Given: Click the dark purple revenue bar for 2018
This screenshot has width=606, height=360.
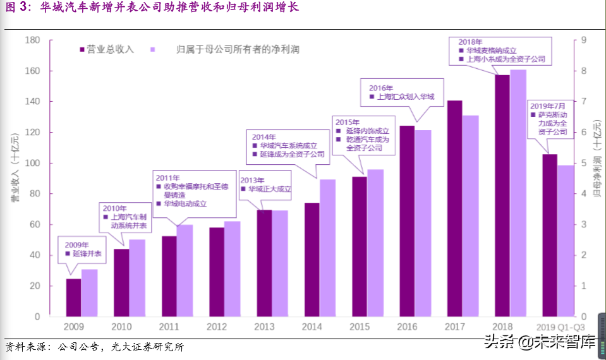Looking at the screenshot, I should tap(502, 196).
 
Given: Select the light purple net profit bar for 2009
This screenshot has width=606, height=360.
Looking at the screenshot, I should tap(90, 292).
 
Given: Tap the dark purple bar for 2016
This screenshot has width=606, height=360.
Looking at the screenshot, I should tap(407, 221).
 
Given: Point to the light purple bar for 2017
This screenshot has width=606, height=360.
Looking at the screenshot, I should tap(471, 215).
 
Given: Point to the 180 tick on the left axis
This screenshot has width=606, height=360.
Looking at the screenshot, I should tap(32, 40).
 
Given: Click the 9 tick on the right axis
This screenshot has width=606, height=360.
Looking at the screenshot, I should tap(584, 40).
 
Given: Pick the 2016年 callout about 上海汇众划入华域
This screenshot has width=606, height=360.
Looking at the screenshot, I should tap(402, 93).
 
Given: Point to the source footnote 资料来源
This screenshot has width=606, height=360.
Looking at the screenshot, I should tap(95, 347).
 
